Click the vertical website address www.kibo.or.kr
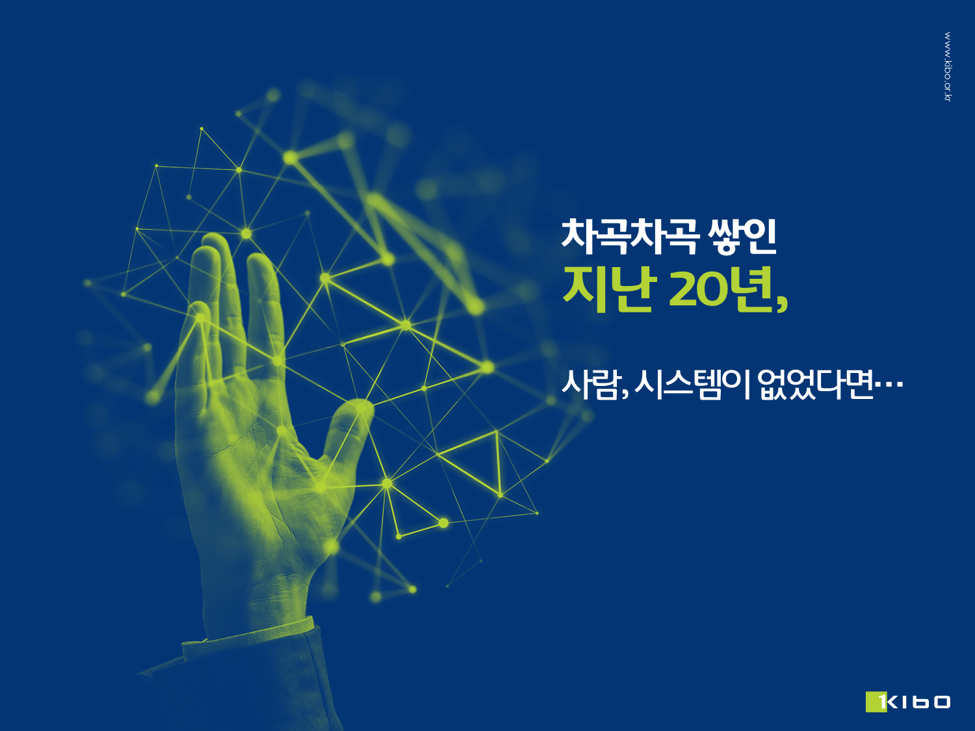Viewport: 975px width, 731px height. click(948, 66)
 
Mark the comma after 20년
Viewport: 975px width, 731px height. click(782, 305)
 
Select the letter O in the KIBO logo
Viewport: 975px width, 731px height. click(941, 702)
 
